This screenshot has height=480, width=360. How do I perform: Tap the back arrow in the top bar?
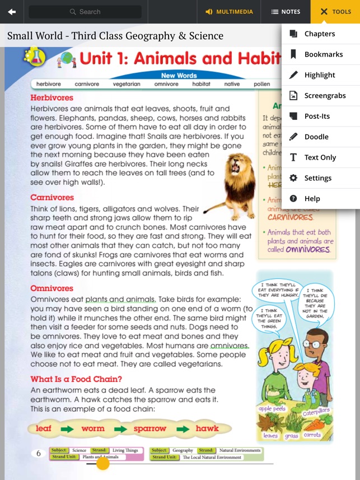click(x=12, y=12)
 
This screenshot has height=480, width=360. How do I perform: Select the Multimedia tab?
click(x=229, y=12)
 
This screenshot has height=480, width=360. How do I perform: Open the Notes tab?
click(x=286, y=12)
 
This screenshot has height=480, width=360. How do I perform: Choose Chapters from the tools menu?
click(x=320, y=34)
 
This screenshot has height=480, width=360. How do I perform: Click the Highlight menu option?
click(x=320, y=75)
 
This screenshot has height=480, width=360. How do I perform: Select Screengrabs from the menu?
click(x=325, y=96)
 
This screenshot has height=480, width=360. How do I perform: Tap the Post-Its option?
click(x=317, y=116)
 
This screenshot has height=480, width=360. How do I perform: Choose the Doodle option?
click(x=316, y=137)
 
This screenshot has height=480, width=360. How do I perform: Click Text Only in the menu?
click(x=320, y=157)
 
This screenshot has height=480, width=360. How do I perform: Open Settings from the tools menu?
click(x=318, y=178)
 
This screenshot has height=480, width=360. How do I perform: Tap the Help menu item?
click(x=312, y=199)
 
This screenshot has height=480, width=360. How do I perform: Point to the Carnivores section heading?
click(x=52, y=198)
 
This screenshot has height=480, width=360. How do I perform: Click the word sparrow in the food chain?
click(x=150, y=428)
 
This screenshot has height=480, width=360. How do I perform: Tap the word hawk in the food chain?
click(x=207, y=428)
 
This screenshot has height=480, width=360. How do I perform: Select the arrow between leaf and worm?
click(x=67, y=429)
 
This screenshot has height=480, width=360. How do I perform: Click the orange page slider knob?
click(x=102, y=463)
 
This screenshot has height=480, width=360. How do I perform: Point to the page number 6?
click(x=39, y=453)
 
